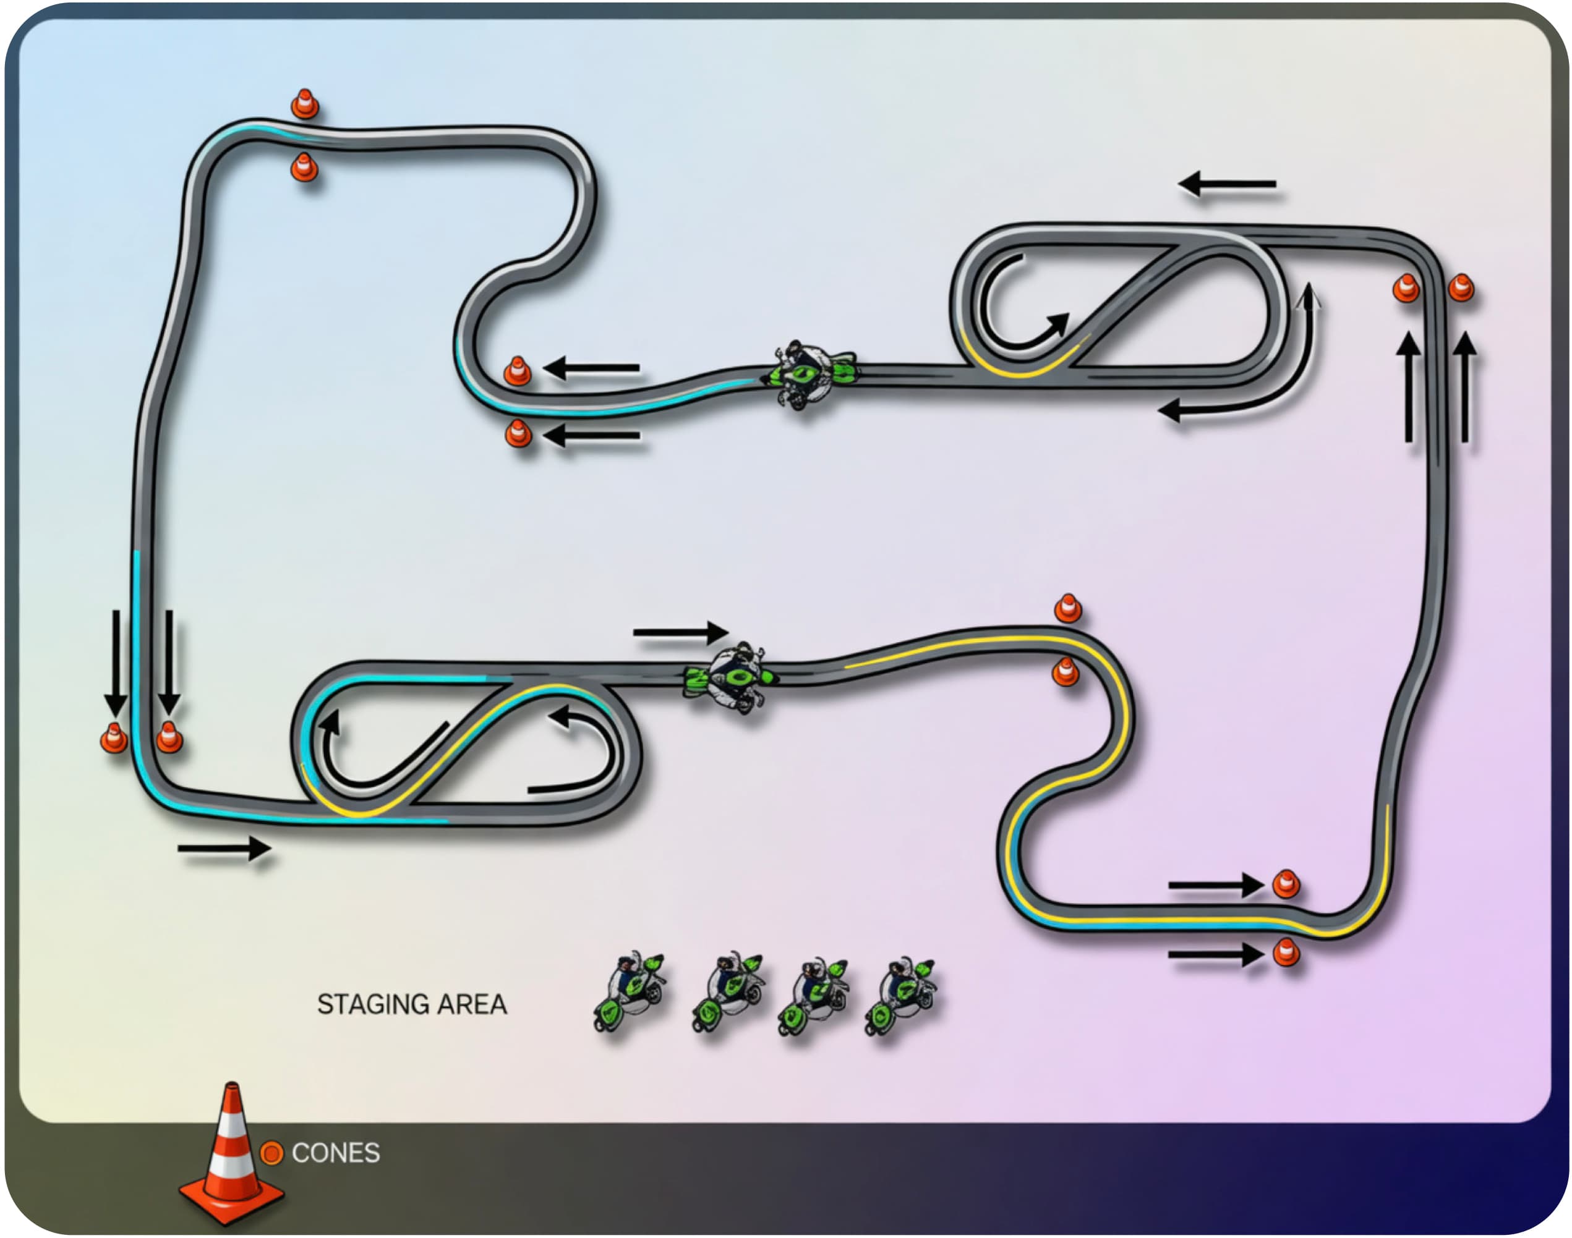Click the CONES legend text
click(336, 1153)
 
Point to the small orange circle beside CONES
click(271, 1153)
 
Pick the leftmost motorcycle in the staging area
click(630, 991)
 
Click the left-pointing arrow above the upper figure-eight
click(1227, 184)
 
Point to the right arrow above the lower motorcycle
click(681, 632)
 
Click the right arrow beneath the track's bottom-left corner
click(224, 848)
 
